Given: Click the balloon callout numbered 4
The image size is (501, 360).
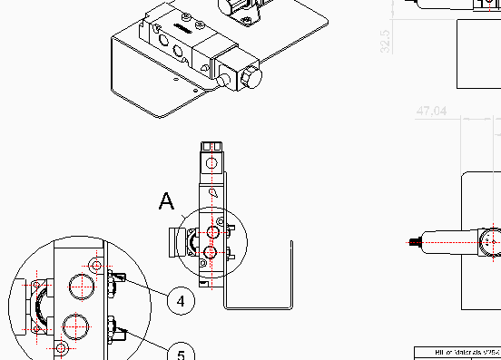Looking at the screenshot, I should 182,300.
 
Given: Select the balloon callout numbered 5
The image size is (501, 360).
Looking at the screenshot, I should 181,352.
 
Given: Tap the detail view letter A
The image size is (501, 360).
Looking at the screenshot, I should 166,200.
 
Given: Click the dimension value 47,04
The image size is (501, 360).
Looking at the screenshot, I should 432,112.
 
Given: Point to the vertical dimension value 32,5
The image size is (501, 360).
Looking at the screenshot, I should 385,41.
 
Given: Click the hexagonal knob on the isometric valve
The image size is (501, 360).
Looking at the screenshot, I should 249,79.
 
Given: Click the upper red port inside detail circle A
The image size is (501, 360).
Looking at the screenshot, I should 211,231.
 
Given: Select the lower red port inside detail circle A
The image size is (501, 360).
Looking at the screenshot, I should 211,252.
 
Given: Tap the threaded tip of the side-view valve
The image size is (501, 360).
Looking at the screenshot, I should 412,242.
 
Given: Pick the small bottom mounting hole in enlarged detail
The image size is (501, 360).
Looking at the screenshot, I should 61,348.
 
